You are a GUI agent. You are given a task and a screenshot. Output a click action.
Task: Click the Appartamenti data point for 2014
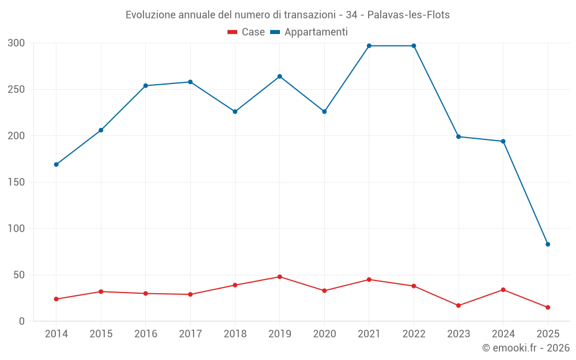56,165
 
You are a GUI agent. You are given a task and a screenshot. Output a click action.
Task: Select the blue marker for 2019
279,77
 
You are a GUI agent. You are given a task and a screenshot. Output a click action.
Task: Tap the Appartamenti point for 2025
548,244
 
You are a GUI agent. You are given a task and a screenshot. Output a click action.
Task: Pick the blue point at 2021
369,46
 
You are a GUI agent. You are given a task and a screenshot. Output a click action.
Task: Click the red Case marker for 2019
279,276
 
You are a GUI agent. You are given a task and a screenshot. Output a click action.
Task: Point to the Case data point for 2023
458,305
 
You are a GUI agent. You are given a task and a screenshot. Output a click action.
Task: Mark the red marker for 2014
56,299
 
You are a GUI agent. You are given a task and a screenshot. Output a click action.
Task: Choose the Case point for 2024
503,290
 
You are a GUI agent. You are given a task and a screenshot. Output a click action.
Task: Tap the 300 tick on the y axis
17,43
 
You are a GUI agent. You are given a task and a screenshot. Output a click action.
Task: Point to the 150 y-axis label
17,183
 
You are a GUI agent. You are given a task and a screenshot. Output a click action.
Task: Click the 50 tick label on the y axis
19,275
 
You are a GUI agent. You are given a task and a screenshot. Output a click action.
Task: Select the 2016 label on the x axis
145,334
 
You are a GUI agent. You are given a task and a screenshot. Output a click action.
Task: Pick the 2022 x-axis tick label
414,334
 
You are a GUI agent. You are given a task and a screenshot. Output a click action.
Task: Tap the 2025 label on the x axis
548,334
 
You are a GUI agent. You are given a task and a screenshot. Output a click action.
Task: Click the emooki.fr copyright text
526,348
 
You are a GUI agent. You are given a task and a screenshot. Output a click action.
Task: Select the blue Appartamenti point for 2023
458,137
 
